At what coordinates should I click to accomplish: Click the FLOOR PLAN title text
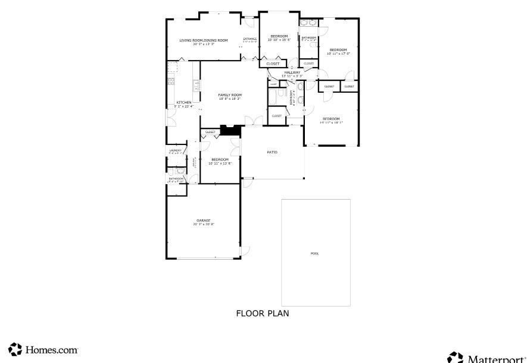tap(263, 313)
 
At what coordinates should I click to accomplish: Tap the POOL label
tap(314, 254)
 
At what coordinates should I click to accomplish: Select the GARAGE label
tap(203, 220)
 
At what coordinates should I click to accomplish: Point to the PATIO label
tap(272, 152)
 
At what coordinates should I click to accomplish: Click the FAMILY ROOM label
tap(229, 95)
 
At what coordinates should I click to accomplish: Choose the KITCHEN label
tap(183, 103)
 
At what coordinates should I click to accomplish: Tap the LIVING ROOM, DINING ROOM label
tap(204, 40)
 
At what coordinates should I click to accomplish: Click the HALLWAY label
tap(292, 72)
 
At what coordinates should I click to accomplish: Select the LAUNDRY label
tap(175, 150)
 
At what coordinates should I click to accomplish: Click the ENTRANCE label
tap(250, 39)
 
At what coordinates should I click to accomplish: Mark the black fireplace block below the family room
tap(230, 130)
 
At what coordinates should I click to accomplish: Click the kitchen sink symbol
tap(197, 85)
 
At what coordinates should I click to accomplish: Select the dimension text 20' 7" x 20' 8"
tap(203, 225)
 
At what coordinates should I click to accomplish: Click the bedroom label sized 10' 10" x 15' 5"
tap(279, 36)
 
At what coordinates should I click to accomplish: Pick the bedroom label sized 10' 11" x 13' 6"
tap(220, 159)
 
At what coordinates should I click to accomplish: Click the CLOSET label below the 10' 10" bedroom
tap(273, 64)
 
